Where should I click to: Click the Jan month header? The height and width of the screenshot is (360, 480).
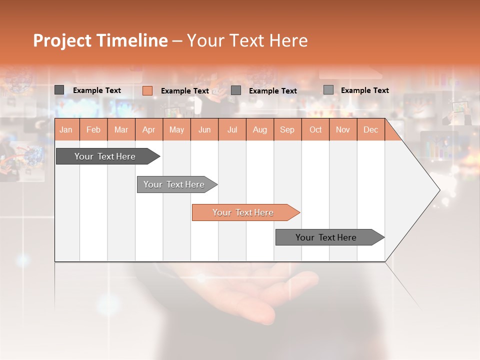pos(66,129)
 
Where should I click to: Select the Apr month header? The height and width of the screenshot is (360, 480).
pos(148,129)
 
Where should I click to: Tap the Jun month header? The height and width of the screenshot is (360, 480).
pos(204,129)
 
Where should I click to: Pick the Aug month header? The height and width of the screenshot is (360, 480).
pos(259,129)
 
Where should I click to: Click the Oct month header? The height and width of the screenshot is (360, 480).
pos(315,129)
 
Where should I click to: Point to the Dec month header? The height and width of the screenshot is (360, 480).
pos(370,129)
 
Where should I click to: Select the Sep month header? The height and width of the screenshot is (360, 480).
pos(287,129)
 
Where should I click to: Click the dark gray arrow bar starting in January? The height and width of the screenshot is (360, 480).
pos(105,156)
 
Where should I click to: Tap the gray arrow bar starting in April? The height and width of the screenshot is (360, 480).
pos(174,184)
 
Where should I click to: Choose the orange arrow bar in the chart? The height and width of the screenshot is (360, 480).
pos(243,212)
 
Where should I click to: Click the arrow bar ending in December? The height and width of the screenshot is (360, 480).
pos(326,237)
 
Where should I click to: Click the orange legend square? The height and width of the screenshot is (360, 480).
pos(147,90)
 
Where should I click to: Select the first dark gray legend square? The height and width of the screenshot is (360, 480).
pos(59,90)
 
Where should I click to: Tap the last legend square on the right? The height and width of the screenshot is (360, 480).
pos(328,90)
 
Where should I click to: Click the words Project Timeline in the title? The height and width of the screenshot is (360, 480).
pos(100,40)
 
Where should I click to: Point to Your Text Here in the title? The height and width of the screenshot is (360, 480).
pos(247,40)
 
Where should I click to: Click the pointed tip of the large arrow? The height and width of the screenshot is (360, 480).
pos(438,190)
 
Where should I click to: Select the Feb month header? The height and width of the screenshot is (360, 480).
pos(93,129)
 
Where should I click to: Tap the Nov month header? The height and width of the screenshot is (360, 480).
pos(342,129)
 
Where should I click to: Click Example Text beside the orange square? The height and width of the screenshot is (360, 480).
pos(184,91)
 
